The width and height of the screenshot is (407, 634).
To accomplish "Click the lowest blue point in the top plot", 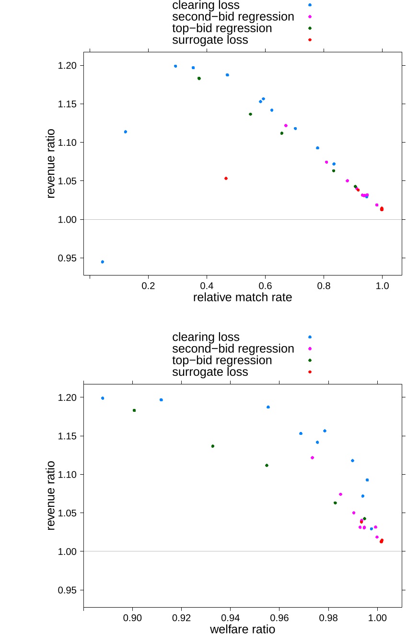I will tap(103, 262).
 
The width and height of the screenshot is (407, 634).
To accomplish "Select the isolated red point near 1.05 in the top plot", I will tap(226, 179).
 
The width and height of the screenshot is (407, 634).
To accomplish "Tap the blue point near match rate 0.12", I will tap(126, 132).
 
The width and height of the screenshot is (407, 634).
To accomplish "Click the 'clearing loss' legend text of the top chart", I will tap(206, 5).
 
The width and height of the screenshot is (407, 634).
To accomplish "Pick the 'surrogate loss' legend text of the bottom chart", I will tap(210, 372).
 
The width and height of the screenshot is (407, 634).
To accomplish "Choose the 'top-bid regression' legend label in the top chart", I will tap(222, 28).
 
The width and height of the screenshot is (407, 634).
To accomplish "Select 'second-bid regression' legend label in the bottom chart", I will tap(233, 348).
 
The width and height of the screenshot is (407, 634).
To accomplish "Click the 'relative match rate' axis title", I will tap(242, 297).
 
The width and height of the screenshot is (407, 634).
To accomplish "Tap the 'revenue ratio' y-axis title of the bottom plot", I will tap(51, 495).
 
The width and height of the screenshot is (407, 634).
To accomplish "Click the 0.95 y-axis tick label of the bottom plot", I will tap(67, 590).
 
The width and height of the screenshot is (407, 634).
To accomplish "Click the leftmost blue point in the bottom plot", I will tap(103, 398).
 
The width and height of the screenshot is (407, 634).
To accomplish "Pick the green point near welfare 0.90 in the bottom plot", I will tap(134, 410).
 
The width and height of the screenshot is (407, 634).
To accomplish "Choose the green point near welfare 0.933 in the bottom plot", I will tap(213, 446).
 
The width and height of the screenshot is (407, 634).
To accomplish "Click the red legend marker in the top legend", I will tap(310, 40).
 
